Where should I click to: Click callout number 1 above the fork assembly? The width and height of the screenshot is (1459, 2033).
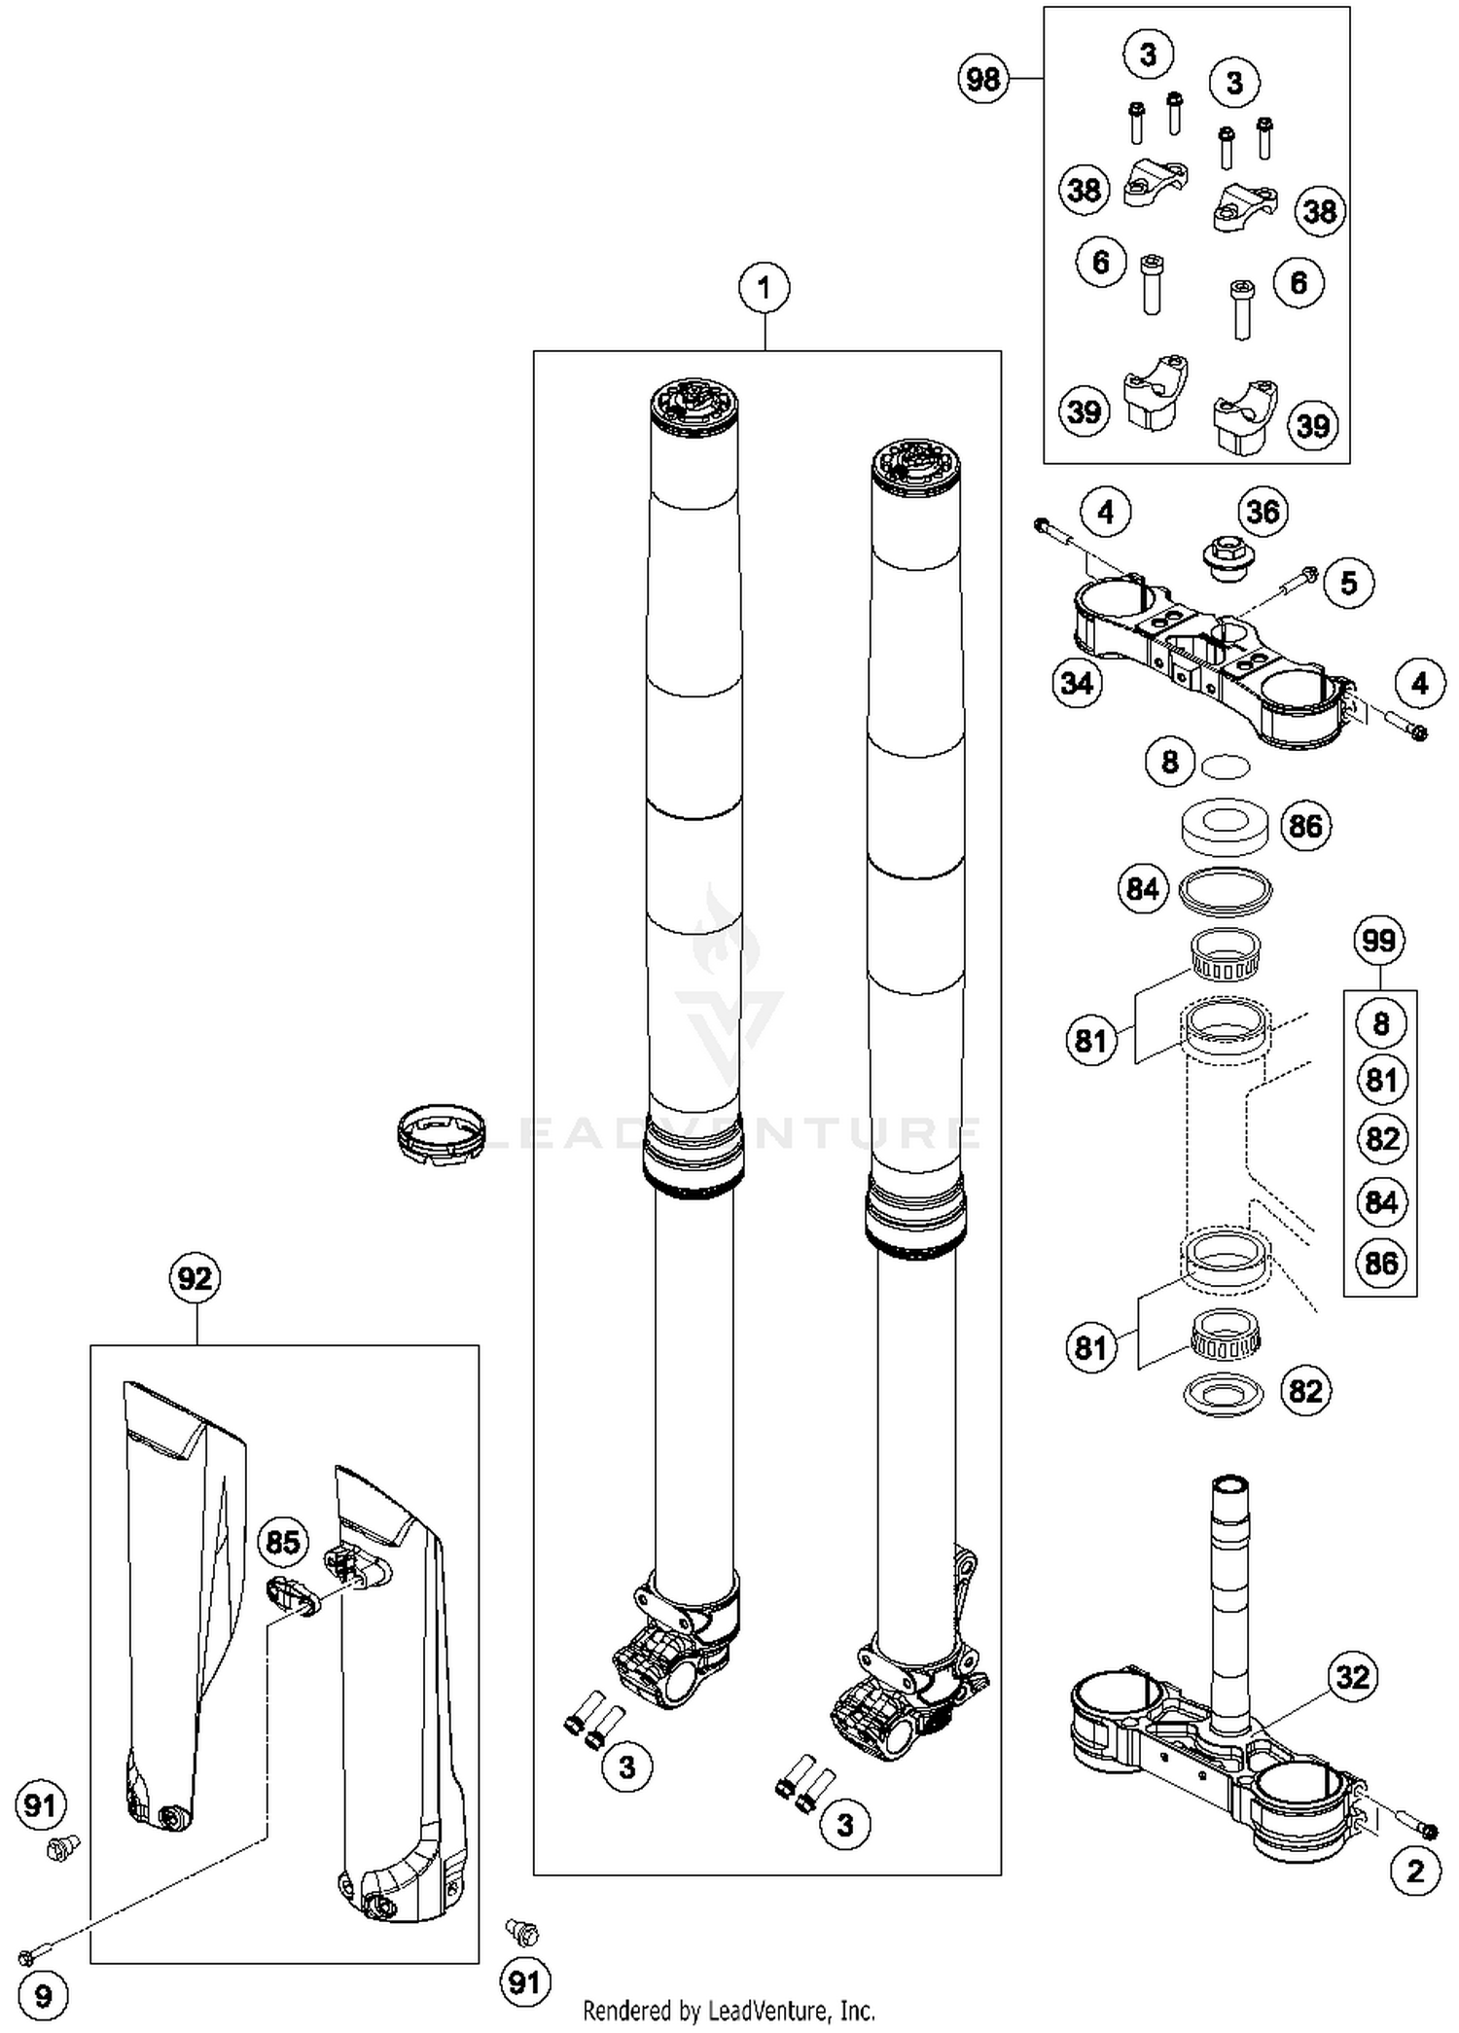click(764, 288)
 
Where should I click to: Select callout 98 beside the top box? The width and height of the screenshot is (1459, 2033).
click(982, 78)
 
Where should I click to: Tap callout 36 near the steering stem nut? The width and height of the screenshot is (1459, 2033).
click(1263, 512)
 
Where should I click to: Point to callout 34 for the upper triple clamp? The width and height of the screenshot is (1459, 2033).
click(1077, 683)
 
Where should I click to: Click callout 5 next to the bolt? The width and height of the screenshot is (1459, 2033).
click(1348, 583)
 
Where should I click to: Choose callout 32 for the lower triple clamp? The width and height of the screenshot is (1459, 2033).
click(1352, 1677)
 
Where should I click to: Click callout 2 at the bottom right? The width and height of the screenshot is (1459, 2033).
click(1415, 1871)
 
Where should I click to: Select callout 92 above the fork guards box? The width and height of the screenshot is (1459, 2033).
click(195, 1278)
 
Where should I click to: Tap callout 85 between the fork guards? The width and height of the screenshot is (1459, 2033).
click(282, 1542)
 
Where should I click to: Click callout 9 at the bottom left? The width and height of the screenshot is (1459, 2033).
click(43, 1997)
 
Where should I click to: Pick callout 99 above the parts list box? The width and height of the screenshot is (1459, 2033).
click(1379, 941)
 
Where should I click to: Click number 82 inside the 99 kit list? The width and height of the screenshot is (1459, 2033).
click(1381, 1139)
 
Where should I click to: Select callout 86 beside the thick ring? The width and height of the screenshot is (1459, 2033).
click(1305, 826)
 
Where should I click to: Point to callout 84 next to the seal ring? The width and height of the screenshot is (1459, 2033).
click(1142, 888)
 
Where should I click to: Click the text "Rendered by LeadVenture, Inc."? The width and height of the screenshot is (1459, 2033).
click(729, 2010)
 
